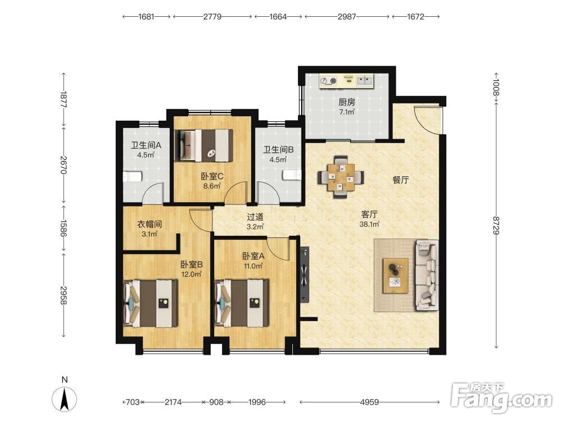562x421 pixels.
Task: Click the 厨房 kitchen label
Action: coord(347,102)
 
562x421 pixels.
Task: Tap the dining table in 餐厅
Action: coord(341,177)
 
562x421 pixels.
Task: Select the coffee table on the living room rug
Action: coord(396,276)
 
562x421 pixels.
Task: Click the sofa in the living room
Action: coord(427,275)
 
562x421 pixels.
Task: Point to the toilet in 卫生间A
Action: coord(133,177)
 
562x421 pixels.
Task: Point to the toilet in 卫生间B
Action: coord(292,175)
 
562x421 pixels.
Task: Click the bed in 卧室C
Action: coord(203,145)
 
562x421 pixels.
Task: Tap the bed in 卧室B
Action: coord(151,304)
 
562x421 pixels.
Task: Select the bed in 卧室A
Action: coord(242,303)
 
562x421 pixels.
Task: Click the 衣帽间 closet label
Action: coord(149,225)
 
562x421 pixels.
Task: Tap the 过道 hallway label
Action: coord(255,217)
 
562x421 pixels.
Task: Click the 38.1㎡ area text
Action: coord(369,225)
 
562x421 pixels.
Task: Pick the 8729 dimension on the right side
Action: coord(496,226)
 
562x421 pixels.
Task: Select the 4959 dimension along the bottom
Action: coord(369,402)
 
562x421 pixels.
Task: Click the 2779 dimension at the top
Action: coord(212,16)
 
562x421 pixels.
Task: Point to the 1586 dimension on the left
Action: coord(64,228)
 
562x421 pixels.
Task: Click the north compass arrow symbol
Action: coord(65,399)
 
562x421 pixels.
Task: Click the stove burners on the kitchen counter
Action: coord(329,81)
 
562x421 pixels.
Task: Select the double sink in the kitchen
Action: coord(365,80)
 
